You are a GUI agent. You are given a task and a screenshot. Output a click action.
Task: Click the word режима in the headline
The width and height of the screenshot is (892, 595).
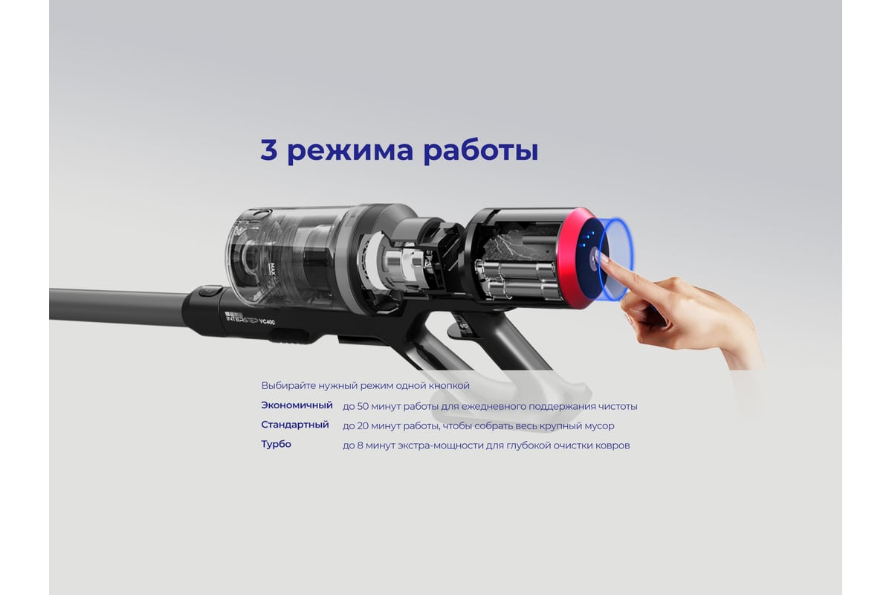(350, 152)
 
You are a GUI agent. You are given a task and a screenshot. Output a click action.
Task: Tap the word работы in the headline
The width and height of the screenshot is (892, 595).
(481, 151)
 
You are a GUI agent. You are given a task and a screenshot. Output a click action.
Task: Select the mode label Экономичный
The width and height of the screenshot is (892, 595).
(297, 405)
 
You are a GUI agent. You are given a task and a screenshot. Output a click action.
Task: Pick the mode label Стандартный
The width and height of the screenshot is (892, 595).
(295, 425)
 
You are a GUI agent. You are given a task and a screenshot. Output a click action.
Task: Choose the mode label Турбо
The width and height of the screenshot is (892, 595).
(276, 444)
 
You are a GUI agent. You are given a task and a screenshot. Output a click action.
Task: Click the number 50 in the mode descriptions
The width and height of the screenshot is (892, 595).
(363, 407)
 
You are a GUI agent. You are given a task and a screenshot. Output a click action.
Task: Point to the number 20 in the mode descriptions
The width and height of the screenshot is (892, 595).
(363, 426)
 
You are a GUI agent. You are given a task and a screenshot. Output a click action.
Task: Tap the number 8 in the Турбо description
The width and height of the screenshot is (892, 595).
(360, 446)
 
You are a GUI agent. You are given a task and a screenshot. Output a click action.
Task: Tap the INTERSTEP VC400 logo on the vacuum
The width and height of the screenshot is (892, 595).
(250, 318)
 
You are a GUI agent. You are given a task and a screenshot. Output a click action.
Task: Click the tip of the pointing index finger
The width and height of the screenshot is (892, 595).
(604, 258)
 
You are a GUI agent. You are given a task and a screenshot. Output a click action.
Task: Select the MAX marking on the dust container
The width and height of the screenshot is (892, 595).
(273, 269)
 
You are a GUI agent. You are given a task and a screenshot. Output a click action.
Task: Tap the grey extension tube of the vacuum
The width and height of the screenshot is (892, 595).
(120, 304)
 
